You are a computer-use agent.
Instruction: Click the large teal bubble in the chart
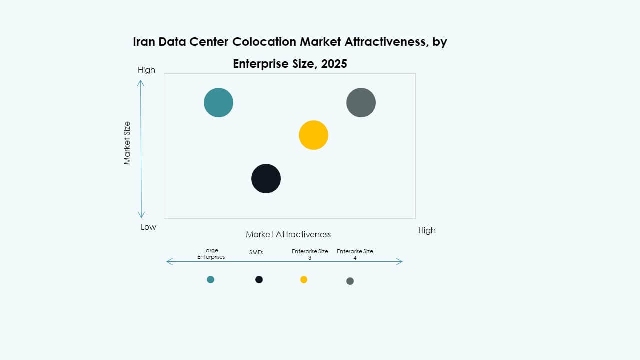(218, 102)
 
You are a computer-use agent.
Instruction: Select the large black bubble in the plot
(266, 178)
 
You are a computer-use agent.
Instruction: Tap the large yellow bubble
(313, 135)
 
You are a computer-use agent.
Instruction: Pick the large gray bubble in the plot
(361, 102)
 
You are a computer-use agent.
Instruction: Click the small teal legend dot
(210, 279)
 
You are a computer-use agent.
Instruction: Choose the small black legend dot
(259, 279)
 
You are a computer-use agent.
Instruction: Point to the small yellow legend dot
(304, 279)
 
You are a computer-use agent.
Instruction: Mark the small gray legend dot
(350, 281)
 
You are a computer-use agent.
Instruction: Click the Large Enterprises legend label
(211, 254)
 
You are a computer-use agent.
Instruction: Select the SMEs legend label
(256, 253)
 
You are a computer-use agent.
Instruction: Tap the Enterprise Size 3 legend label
(310, 254)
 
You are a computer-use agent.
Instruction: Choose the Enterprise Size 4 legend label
(355, 254)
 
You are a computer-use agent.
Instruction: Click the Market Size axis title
(127, 143)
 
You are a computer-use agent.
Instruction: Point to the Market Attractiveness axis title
(288, 234)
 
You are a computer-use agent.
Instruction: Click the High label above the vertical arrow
(146, 70)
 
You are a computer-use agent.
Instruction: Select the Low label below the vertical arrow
(148, 227)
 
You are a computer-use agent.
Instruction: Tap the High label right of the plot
(427, 230)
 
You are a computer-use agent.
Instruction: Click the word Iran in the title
(144, 42)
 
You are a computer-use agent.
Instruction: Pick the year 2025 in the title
(334, 64)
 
